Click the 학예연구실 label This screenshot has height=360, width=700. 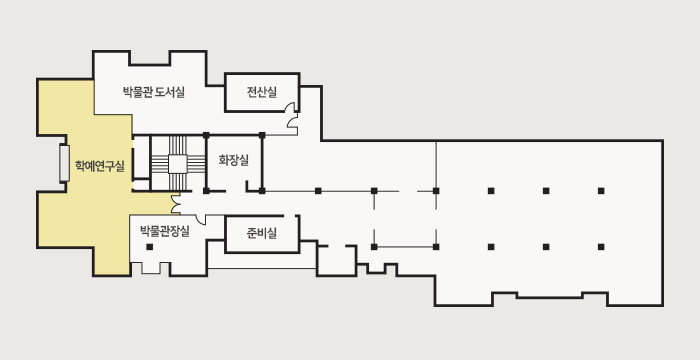99,166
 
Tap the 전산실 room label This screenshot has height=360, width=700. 262,93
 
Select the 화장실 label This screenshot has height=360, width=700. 233,160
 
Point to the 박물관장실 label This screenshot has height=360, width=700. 165,231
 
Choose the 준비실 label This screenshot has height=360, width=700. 262,234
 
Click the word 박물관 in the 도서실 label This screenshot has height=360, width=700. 137,93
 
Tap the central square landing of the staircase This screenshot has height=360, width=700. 177,163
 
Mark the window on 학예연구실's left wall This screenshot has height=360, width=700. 64,163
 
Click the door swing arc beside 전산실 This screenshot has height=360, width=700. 292,122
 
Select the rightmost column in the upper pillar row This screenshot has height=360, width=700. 601,190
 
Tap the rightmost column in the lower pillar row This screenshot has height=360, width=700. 601,246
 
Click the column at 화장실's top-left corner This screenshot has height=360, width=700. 206,134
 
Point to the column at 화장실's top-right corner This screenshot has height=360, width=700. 262,134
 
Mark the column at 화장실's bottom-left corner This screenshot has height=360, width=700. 206,190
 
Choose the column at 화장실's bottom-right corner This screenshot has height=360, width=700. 262,190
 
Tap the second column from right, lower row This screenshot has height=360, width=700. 546,246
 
